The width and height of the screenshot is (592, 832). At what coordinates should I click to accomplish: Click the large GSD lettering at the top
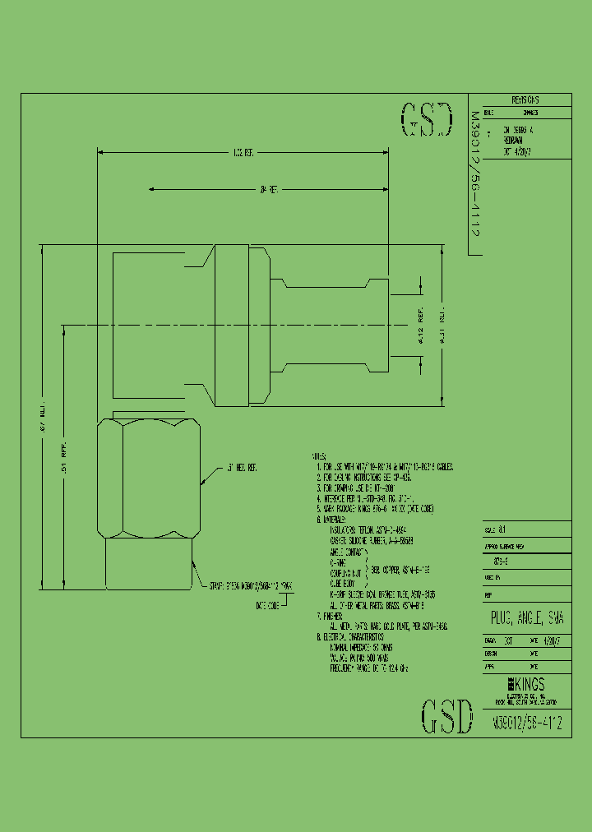426,120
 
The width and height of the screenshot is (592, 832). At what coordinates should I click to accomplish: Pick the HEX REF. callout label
242,467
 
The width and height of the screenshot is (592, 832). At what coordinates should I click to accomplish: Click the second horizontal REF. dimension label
269,189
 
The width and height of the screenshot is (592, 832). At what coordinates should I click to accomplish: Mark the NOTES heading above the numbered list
318,455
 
